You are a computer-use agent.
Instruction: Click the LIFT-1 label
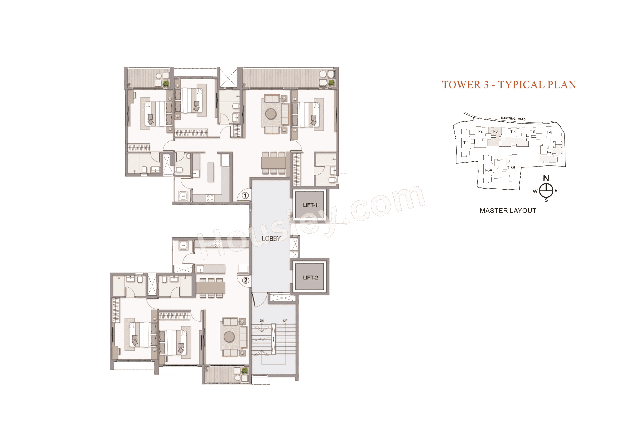(310, 205)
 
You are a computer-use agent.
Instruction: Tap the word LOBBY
(271, 239)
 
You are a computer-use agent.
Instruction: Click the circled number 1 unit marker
(245, 195)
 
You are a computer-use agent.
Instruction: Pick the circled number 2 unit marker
(245, 280)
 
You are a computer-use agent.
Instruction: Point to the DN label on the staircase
(262, 321)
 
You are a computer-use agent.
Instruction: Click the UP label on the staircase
(285, 321)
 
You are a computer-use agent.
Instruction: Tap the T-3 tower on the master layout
(495, 131)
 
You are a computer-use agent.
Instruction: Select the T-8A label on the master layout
(488, 170)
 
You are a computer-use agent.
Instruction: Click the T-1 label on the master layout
(466, 142)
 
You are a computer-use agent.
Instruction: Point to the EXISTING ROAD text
(513, 118)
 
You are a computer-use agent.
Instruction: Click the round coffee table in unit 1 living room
(271, 114)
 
